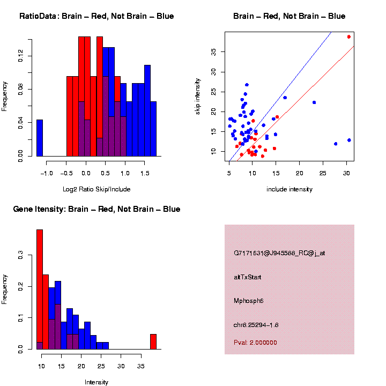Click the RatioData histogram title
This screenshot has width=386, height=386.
[x=96, y=16]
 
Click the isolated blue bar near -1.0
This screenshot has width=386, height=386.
[x=40, y=138]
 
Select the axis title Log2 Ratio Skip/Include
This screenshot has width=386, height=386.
[x=96, y=189]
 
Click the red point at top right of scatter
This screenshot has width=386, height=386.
[x=348, y=36]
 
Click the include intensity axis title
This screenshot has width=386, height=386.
[x=289, y=189]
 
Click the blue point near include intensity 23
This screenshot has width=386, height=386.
[x=314, y=102]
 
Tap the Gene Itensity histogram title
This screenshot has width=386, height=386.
[x=96, y=209]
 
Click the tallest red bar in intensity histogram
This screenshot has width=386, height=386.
[x=40, y=289]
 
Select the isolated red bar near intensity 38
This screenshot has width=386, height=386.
[x=153, y=342]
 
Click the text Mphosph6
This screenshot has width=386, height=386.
[x=249, y=301]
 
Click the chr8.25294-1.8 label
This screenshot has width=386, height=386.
[x=263, y=325]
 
